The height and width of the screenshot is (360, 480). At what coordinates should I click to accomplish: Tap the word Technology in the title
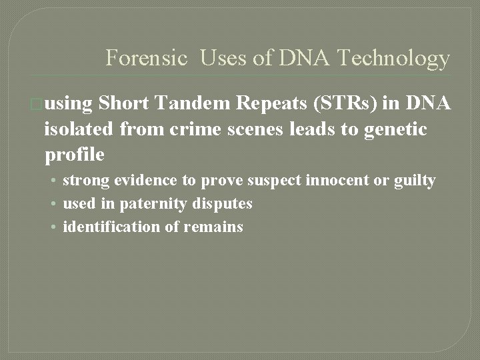[394, 59]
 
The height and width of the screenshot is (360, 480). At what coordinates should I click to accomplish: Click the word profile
[74, 155]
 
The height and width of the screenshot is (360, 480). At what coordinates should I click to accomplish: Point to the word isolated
[80, 129]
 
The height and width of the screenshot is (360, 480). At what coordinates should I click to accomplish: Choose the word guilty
[414, 180]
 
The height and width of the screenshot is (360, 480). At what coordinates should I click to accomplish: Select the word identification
[111, 227]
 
